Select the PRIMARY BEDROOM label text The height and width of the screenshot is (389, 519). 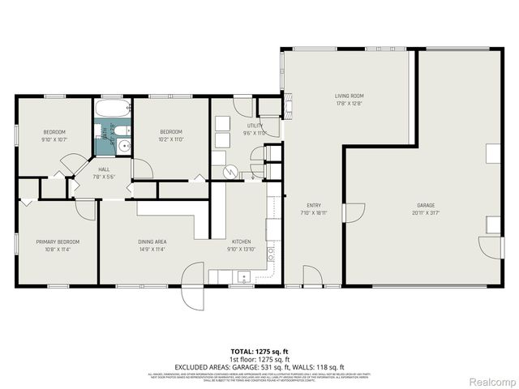(x=57, y=242)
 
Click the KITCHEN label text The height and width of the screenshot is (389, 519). (x=241, y=242)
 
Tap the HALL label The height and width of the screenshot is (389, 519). (x=104, y=169)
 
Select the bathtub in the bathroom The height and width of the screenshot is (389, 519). (x=111, y=109)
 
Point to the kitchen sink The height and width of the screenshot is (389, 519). (x=243, y=277)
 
